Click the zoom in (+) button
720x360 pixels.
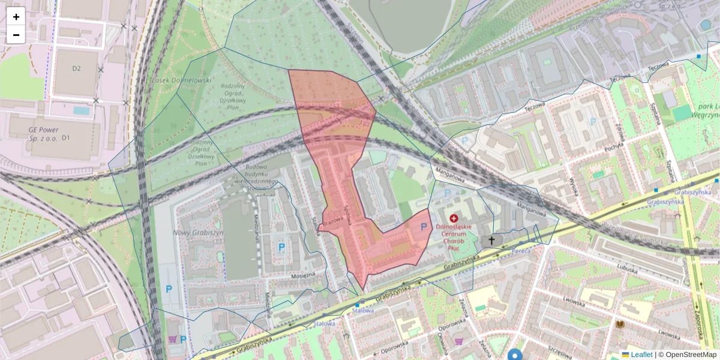(16, 17)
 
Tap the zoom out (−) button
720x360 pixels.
(16, 35)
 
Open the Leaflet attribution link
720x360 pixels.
(641, 355)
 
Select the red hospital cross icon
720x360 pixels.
(454, 219)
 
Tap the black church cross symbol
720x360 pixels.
(491, 241)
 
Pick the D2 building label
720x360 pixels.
(76, 68)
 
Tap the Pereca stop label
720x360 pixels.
(521, 251)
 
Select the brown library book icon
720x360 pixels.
(620, 325)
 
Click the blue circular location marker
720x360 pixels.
(515, 355)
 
